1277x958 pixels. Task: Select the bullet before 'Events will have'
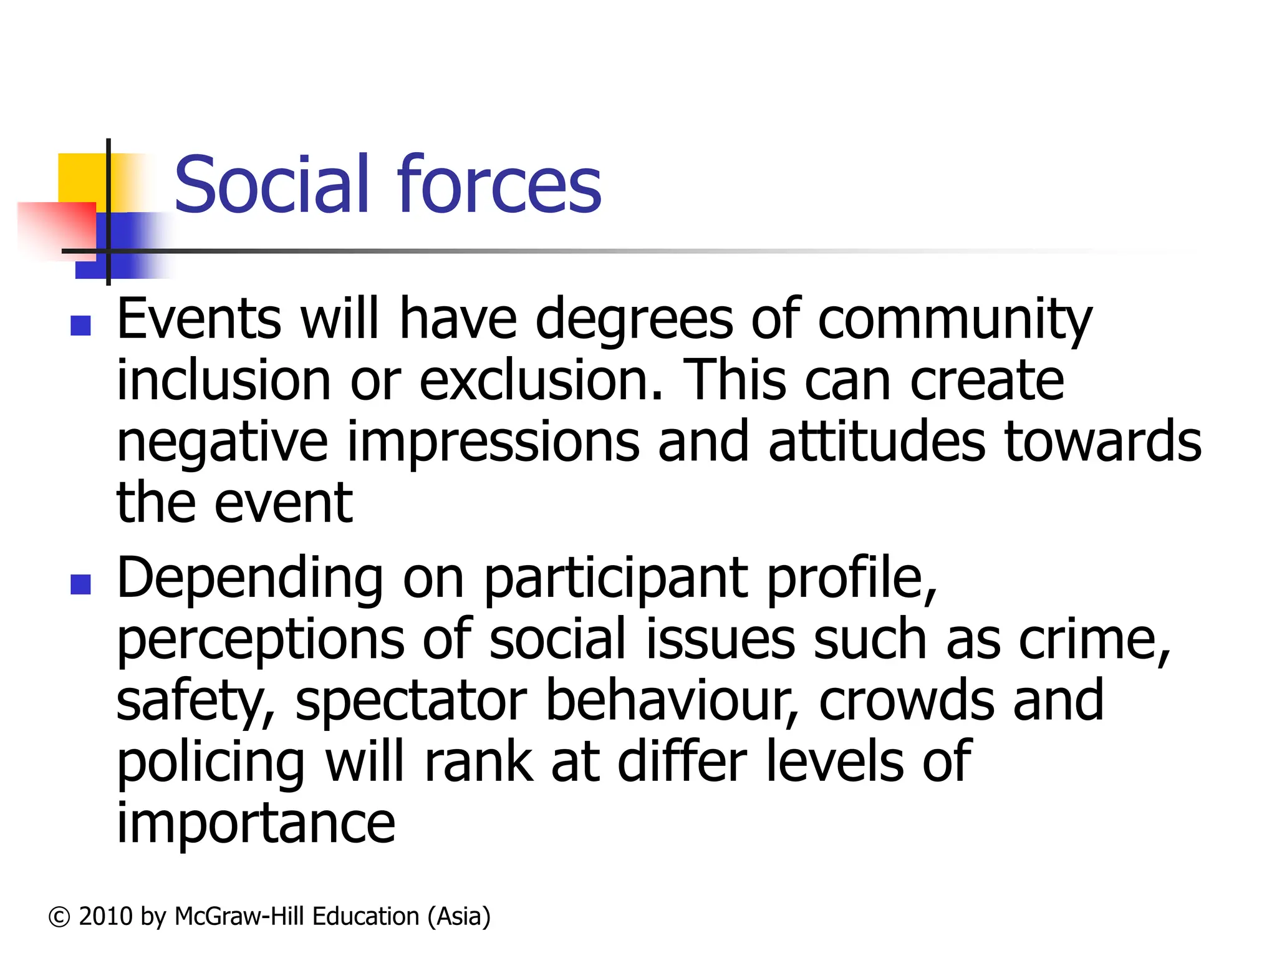[x=81, y=325]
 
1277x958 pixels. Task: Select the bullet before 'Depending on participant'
[x=81, y=584]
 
